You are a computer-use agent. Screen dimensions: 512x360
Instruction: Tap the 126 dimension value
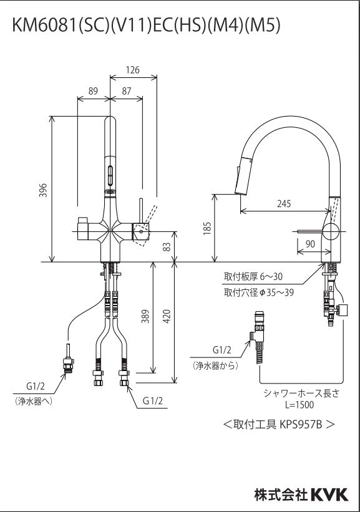(132, 70)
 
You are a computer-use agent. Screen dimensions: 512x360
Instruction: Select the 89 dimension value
(93, 90)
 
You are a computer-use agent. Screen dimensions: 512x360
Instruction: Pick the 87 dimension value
(127, 90)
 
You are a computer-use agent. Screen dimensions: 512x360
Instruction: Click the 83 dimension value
(166, 246)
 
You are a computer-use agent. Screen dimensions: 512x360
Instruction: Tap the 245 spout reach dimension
(285, 203)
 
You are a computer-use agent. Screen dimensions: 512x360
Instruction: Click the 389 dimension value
(145, 319)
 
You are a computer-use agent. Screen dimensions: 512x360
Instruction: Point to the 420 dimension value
(166, 319)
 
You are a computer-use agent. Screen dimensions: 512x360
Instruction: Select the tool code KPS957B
(299, 424)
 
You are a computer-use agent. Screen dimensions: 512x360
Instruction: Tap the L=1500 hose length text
(300, 404)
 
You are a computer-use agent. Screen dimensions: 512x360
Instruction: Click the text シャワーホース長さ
(300, 392)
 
